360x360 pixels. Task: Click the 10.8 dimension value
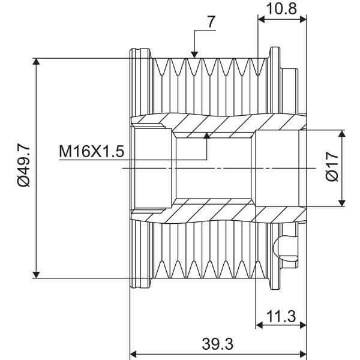click(x=281, y=8)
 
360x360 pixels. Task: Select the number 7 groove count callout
click(x=211, y=22)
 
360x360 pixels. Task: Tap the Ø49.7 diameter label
click(x=23, y=164)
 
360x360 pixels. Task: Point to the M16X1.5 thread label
click(x=92, y=151)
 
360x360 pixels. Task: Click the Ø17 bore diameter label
click(x=332, y=166)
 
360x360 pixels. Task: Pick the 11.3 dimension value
click(x=281, y=316)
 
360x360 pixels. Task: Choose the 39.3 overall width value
click(x=217, y=344)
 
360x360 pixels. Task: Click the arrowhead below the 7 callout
click(x=194, y=55)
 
